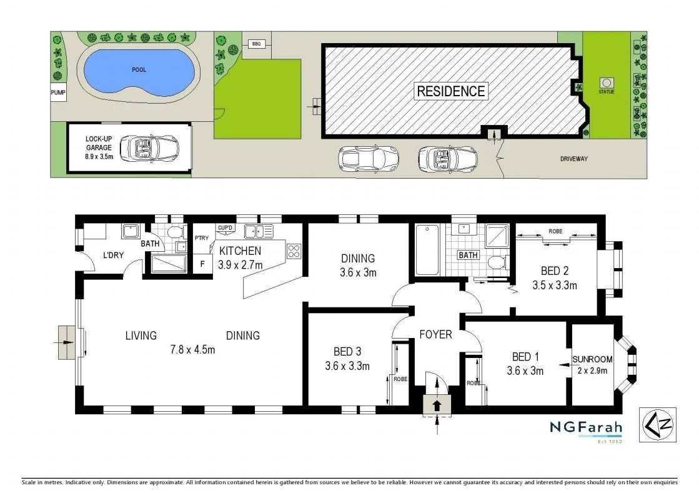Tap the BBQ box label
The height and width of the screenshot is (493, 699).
click(255, 44)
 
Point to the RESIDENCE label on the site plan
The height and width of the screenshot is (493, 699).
click(450, 91)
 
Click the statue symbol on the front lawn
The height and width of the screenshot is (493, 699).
click(606, 82)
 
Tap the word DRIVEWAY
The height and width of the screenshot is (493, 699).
click(573, 159)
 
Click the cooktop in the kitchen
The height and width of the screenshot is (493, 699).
click(294, 252)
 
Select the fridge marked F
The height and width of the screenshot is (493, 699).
click(202, 264)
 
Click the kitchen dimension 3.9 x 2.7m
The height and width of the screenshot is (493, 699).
click(240, 264)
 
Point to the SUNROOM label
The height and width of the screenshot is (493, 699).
click(592, 359)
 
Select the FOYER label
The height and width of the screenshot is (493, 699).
click(435, 334)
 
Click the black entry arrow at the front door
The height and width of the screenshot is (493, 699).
click(437, 404)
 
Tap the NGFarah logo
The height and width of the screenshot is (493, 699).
click(586, 429)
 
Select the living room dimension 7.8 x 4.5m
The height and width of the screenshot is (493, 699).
click(193, 349)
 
